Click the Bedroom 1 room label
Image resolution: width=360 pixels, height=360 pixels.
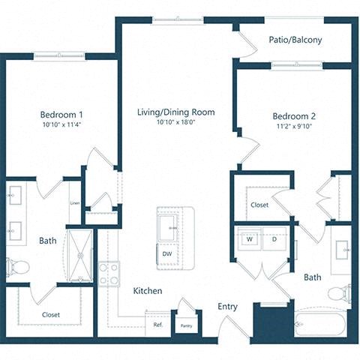(62, 115)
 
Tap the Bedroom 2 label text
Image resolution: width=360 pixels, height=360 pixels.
(293, 116)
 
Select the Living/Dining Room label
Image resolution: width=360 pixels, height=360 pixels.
(176, 112)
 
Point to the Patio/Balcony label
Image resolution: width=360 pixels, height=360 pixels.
(295, 40)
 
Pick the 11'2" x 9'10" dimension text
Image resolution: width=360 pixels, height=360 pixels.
(293, 127)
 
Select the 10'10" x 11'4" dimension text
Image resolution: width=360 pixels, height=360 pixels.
(62, 126)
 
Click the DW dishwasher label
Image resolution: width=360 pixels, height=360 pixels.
(166, 253)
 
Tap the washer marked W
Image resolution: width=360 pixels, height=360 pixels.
(248, 239)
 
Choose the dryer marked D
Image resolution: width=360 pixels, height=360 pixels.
(274, 239)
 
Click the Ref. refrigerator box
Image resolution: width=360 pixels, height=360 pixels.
(158, 325)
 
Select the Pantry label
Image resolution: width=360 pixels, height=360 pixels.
(184, 326)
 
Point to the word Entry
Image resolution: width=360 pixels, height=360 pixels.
(228, 307)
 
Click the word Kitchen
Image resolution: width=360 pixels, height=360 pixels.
(148, 291)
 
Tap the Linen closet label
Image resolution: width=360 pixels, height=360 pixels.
(75, 203)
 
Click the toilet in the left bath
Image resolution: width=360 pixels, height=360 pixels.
(18, 266)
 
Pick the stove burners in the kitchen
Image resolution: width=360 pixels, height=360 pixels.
(109, 273)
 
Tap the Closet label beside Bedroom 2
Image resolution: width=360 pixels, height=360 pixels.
(259, 204)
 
